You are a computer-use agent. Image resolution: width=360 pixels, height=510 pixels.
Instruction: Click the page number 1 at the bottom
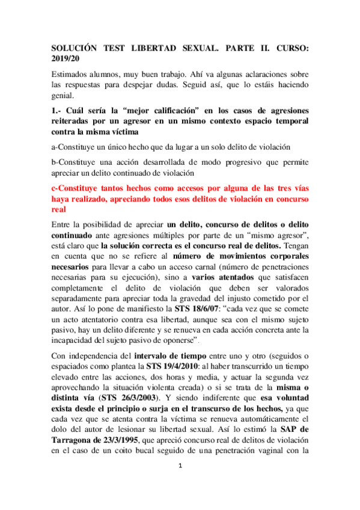[180, 484]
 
